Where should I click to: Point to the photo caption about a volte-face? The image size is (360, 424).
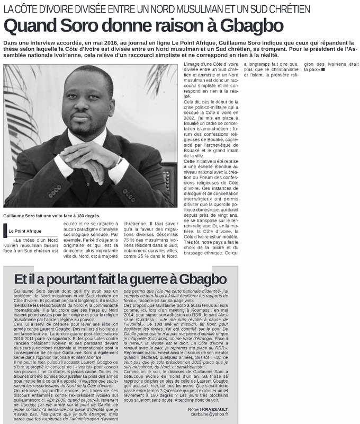[44, 216]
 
